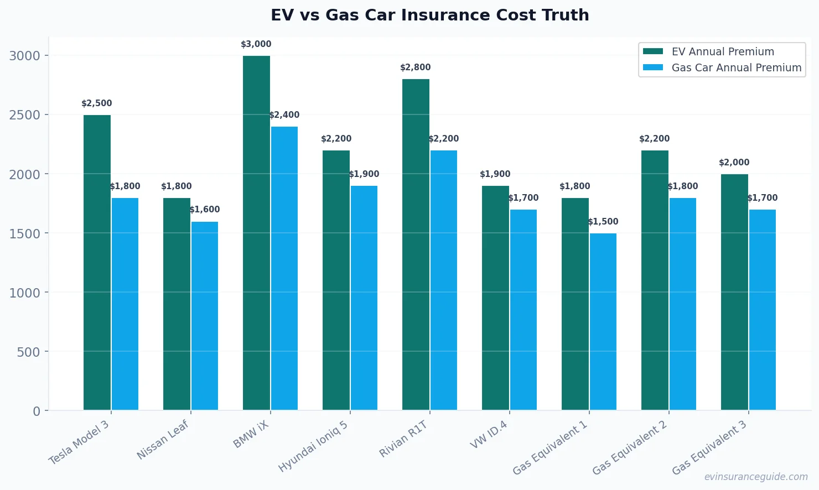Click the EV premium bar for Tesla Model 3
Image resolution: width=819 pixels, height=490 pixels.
(97, 263)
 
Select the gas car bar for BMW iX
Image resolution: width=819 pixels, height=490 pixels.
(284, 268)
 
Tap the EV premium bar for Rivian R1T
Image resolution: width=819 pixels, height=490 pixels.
(416, 244)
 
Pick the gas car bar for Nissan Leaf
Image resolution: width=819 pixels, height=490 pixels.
(205, 316)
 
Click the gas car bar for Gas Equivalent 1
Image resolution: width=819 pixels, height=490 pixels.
(603, 322)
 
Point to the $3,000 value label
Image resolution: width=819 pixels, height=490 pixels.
(256, 44)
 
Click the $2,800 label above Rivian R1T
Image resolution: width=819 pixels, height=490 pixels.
(415, 67)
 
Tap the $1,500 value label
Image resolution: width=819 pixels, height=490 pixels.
(603, 222)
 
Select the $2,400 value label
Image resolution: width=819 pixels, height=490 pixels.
(284, 115)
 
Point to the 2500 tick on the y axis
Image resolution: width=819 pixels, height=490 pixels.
(25, 115)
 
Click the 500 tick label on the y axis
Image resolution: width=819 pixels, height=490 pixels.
(28, 352)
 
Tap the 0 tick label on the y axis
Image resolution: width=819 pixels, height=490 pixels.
(37, 411)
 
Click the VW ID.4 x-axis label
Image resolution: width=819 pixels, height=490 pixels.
(489, 434)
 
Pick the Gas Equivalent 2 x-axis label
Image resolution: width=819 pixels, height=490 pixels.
(630, 447)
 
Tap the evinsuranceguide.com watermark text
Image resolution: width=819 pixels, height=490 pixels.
(755, 477)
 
